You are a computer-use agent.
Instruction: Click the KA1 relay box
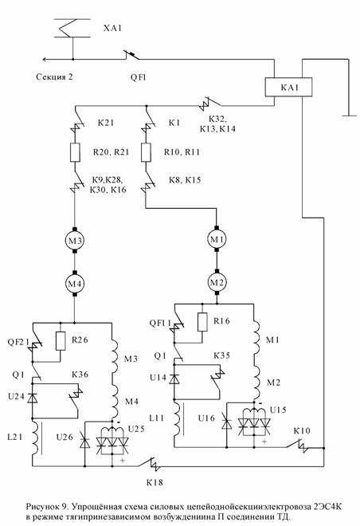pyautogui.click(x=288, y=87)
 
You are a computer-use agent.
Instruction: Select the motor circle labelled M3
pyautogui.click(x=75, y=240)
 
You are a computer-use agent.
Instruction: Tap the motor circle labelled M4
pyautogui.click(x=75, y=284)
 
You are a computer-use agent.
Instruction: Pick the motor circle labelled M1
pyautogui.click(x=217, y=239)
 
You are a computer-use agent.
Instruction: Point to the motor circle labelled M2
pyautogui.click(x=217, y=282)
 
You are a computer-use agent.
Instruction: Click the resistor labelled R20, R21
pyautogui.click(x=75, y=152)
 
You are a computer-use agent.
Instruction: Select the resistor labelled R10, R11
pyautogui.click(x=146, y=152)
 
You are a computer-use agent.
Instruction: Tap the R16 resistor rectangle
pyautogui.click(x=202, y=322)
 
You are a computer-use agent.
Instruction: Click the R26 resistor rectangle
pyautogui.click(x=61, y=341)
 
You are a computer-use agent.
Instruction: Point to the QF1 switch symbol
pyautogui.click(x=131, y=55)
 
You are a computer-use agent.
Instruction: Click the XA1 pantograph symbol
pyautogui.click(x=72, y=28)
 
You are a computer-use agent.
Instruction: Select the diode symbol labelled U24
pyautogui.click(x=33, y=398)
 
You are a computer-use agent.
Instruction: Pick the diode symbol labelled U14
pyautogui.click(x=174, y=379)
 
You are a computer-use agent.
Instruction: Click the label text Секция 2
pyautogui.click(x=54, y=77)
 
